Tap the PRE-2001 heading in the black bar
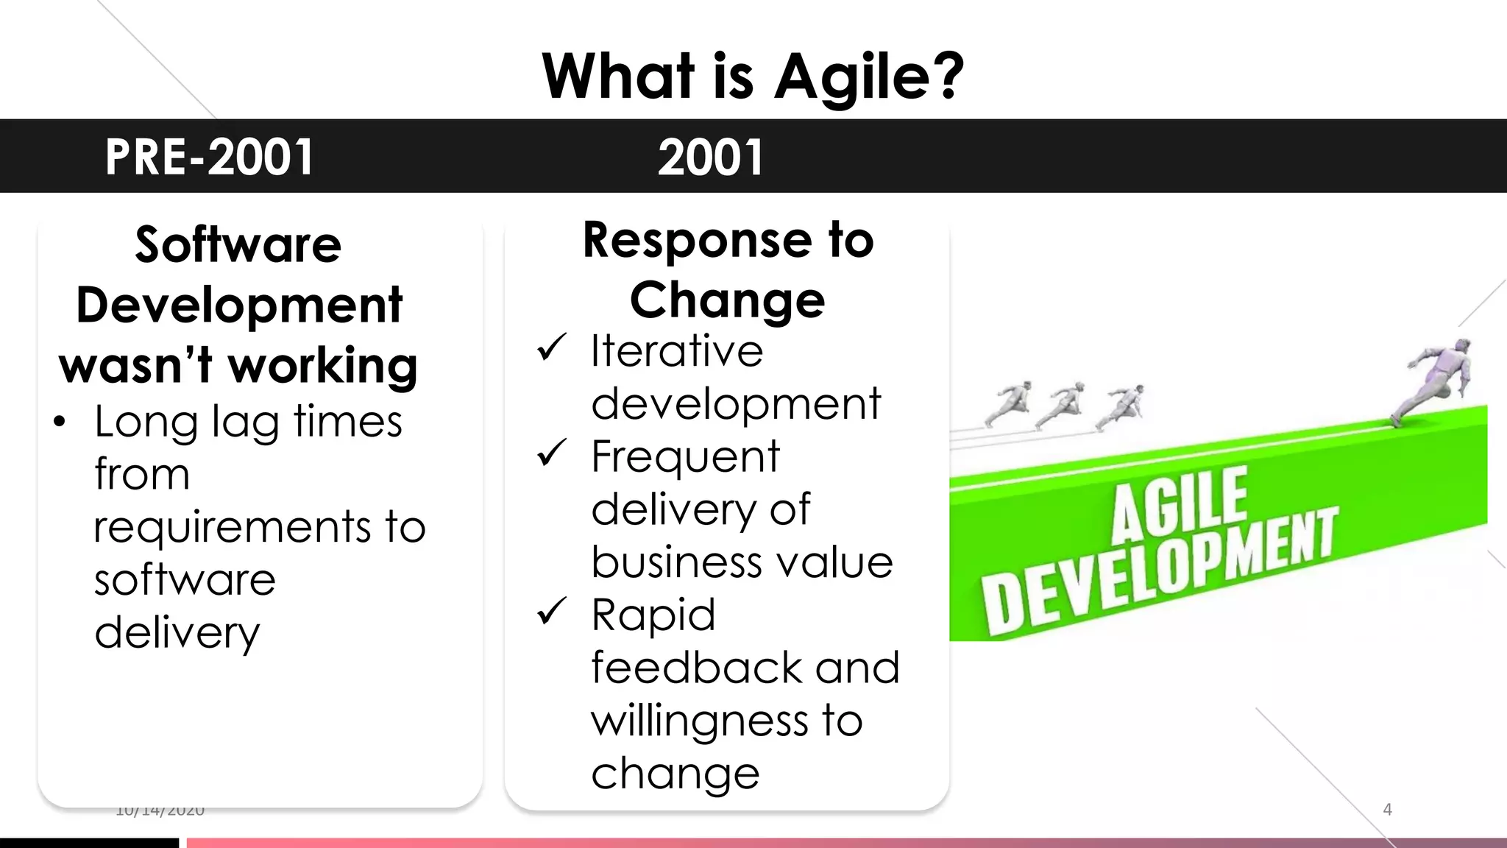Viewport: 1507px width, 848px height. (x=209, y=158)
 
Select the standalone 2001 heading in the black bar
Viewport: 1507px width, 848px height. (x=710, y=158)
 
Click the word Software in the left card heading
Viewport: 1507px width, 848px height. (x=238, y=244)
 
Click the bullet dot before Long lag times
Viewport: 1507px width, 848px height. (x=60, y=423)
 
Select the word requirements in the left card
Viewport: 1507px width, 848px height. (x=232, y=527)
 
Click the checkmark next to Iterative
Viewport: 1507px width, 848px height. (x=551, y=347)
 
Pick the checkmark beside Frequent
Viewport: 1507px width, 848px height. (x=551, y=453)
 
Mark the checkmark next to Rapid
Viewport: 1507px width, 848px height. (x=551, y=611)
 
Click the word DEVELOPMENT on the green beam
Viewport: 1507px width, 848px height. (x=1159, y=574)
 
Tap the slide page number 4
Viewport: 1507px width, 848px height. (x=1387, y=810)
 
